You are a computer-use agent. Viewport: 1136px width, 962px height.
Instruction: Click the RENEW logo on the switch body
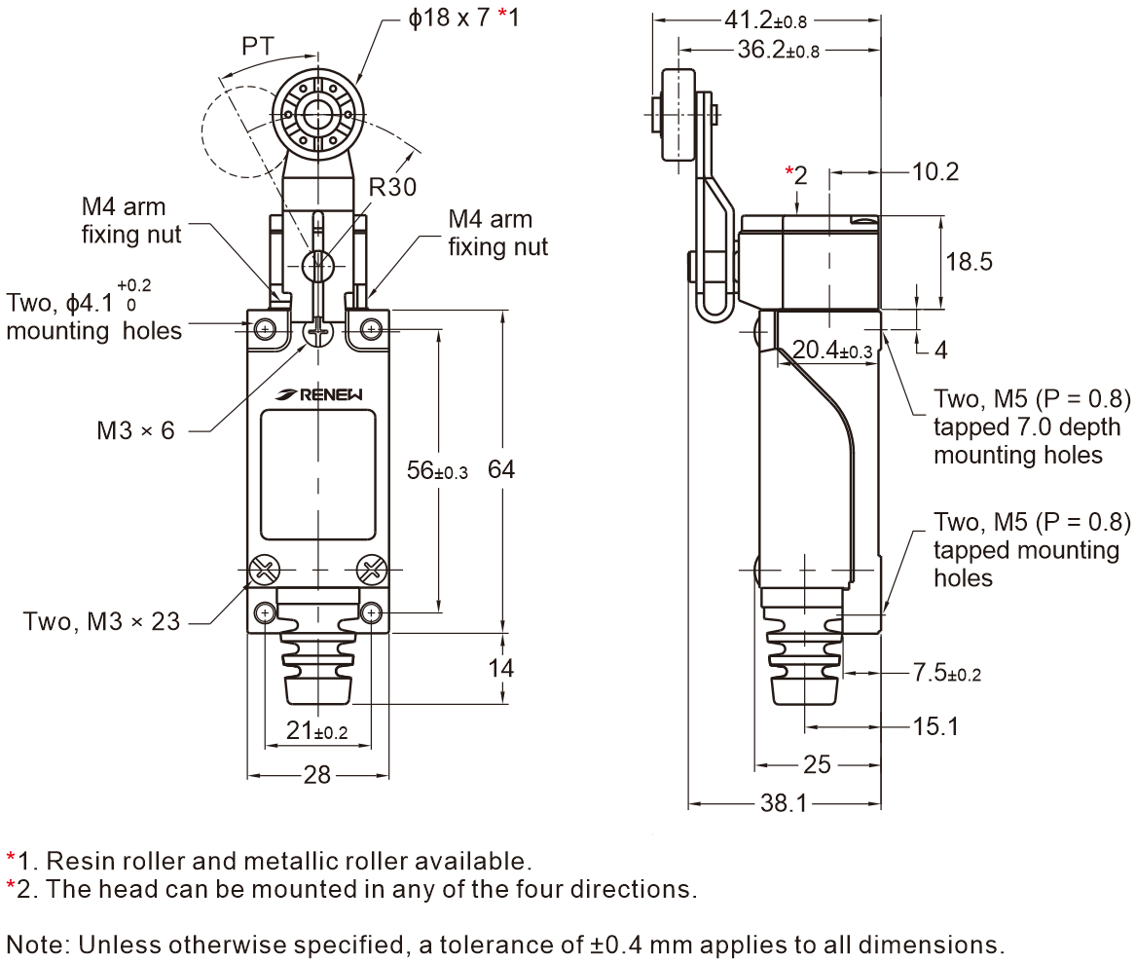tap(319, 394)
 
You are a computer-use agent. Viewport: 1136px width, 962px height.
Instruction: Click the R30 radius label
tap(392, 187)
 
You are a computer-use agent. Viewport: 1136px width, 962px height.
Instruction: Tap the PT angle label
tap(258, 47)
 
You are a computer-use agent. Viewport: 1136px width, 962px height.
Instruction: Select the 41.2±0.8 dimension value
tap(766, 20)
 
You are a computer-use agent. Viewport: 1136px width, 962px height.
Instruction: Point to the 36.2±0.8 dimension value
tap(779, 50)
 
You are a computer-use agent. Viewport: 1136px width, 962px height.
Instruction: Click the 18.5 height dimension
tap(969, 262)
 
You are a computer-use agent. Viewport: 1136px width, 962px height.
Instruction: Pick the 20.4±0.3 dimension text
tap(832, 351)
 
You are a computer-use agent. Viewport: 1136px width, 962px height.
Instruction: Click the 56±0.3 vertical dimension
tap(437, 470)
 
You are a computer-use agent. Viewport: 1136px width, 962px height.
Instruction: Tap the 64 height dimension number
tap(501, 469)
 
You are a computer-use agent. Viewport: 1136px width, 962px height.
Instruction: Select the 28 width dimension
tap(317, 775)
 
